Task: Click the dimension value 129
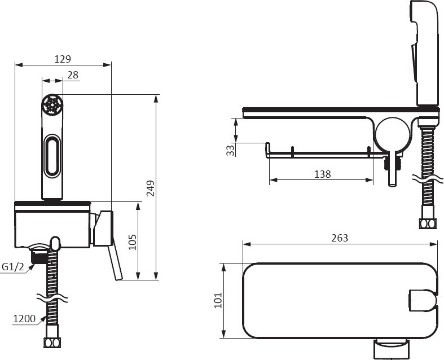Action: (x=63, y=59)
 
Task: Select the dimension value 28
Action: (x=73, y=75)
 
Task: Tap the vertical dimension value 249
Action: (x=151, y=188)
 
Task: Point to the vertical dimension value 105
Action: (x=133, y=242)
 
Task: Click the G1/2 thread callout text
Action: (x=13, y=266)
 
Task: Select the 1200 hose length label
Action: (x=24, y=319)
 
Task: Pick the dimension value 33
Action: (x=231, y=150)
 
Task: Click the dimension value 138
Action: (x=323, y=174)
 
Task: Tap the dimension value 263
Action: (x=340, y=238)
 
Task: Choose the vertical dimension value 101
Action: (x=218, y=300)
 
